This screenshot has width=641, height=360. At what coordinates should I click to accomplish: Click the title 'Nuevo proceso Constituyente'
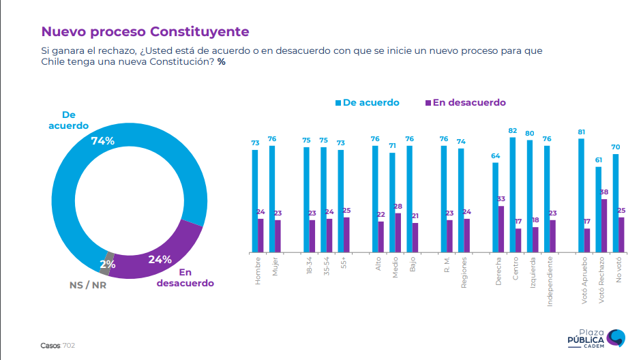pos(145,31)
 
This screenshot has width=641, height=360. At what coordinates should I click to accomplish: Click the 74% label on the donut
pos(103,140)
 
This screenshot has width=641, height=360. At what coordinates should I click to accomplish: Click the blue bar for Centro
pos(512,194)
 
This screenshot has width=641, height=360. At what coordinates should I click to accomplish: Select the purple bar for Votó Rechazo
pos(604,225)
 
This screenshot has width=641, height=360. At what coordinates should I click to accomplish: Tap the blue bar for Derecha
pos(495,206)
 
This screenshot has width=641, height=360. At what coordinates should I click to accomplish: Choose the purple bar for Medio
pos(398,232)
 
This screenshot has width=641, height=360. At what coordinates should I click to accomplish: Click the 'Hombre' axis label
pos(258,270)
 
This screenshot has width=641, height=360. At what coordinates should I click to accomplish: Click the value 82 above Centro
pos(512,130)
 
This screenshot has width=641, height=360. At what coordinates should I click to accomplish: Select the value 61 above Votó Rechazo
pos(598,160)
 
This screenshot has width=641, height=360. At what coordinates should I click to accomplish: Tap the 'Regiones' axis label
pos(464,273)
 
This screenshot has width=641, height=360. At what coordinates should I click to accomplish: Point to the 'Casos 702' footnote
pos(57,346)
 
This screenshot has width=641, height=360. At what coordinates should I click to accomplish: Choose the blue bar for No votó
pos(615,202)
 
